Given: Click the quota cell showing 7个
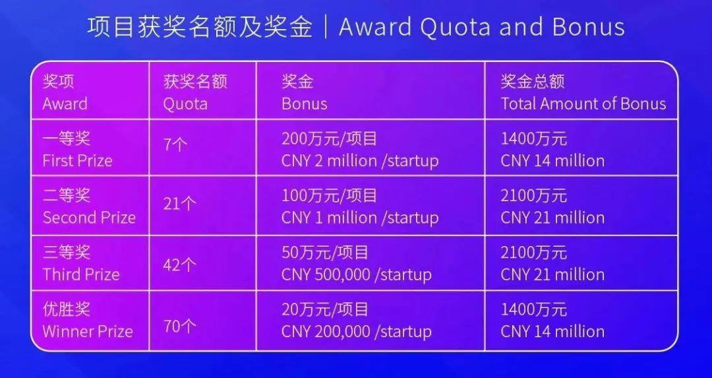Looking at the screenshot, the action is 175,145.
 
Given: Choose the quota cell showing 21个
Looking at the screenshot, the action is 180,203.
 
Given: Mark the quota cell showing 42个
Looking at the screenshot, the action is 180,265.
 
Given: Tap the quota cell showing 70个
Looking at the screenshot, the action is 180,326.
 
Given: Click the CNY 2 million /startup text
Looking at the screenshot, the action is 360,161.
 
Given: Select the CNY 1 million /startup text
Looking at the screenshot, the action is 360,218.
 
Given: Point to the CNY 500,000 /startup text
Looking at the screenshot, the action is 357,274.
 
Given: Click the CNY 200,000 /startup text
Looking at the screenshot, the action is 357,331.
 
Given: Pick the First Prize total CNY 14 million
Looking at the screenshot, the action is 552,160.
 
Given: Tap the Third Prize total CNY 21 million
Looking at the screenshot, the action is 552,274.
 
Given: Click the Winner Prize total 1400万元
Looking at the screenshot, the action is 533,309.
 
